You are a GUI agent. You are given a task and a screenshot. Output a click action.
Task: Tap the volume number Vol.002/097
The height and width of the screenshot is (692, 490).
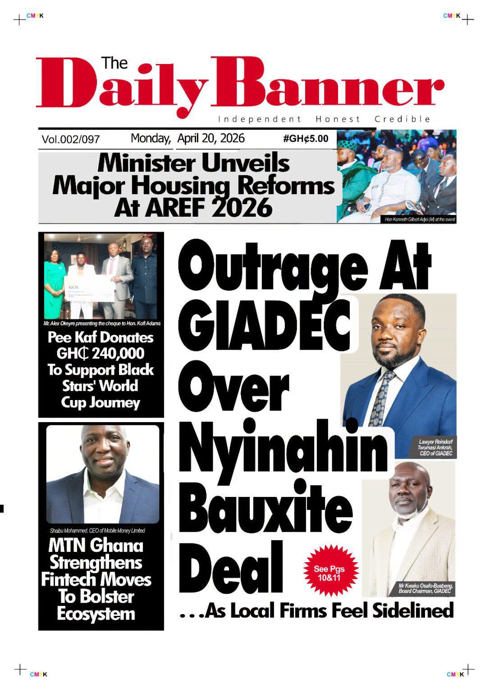[70, 140]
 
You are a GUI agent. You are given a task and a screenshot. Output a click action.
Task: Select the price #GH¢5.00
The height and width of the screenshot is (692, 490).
[306, 138]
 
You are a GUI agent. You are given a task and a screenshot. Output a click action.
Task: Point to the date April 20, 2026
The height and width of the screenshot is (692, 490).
[211, 138]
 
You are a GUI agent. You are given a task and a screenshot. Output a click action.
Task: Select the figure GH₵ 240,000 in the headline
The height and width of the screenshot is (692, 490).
[101, 354]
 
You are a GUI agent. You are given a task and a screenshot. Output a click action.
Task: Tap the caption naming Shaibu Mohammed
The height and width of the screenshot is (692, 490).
[97, 531]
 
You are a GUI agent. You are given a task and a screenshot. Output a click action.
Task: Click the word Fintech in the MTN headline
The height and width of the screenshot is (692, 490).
[68, 579]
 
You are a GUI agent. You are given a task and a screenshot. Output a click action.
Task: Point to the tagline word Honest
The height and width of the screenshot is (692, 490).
[338, 119]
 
